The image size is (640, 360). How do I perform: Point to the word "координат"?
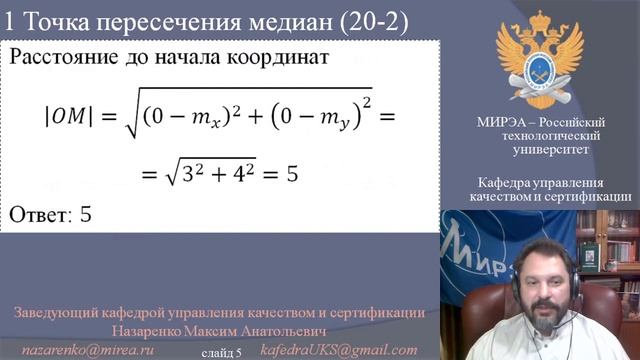tap(283, 57)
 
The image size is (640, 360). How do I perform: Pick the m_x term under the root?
tap(212, 120)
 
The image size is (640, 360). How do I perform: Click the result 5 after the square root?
tap(293, 174)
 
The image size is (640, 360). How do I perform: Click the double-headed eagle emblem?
tap(540, 61)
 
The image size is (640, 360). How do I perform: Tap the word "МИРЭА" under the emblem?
tap(500, 121)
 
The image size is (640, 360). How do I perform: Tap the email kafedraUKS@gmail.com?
tap(338, 350)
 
